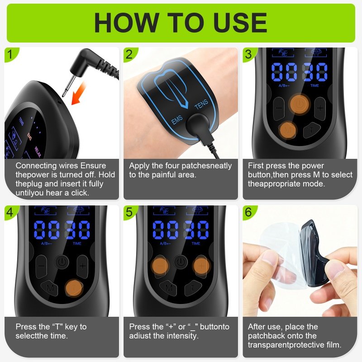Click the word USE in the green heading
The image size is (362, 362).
coord(241,22)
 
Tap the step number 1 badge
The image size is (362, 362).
coord(10,54)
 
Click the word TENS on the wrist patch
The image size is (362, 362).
coord(201,105)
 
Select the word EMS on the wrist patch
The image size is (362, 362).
coord(177,119)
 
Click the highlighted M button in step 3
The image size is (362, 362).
coord(287,130)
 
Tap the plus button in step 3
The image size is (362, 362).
coord(320,108)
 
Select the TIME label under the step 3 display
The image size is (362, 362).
coord(314,86)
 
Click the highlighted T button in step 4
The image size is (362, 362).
coord(74,288)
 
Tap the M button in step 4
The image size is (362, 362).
coord(50,288)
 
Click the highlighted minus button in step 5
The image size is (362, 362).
coord(160,266)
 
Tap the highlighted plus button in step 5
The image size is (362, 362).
coord(201,266)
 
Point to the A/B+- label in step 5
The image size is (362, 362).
coord(165,243)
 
